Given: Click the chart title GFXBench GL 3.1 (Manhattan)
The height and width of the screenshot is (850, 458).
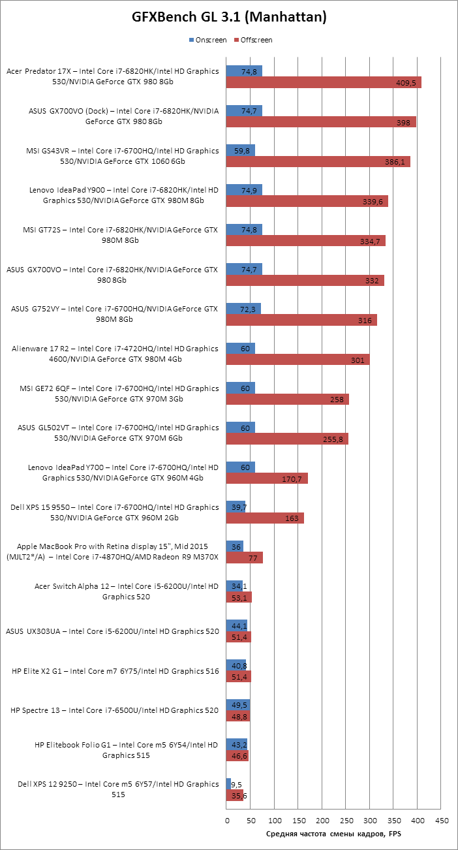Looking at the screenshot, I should click(x=229, y=18).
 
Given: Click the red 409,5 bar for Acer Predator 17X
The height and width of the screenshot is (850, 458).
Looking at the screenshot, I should click(x=324, y=82).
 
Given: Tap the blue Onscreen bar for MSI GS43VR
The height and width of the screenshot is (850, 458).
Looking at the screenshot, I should click(x=240, y=150).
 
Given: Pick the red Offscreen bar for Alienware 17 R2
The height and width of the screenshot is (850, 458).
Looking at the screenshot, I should click(x=298, y=360).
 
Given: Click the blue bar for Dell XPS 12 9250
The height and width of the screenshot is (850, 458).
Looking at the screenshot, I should click(x=228, y=783).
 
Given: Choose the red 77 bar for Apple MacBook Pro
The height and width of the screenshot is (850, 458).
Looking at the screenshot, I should click(x=245, y=558).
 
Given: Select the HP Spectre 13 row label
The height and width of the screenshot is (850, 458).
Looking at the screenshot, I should click(x=115, y=710).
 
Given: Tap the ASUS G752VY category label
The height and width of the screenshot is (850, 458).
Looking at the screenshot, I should click(x=115, y=313).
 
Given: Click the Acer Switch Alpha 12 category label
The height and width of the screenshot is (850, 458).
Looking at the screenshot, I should click(x=127, y=591).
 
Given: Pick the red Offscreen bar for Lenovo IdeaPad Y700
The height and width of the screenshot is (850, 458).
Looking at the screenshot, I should click(x=267, y=479).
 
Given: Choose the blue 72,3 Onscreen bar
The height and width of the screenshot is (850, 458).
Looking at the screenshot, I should click(x=243, y=308).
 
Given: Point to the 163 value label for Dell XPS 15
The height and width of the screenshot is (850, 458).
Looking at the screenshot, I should click(x=292, y=518).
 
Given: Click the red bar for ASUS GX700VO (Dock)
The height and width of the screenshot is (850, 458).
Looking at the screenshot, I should click(x=321, y=122).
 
